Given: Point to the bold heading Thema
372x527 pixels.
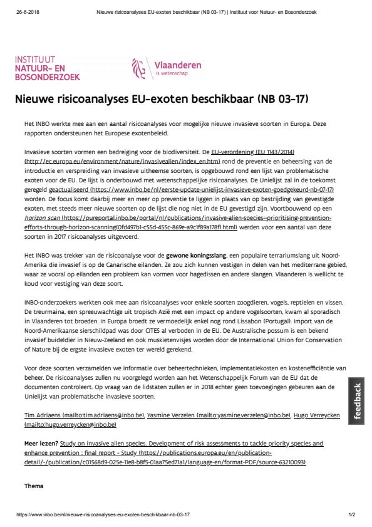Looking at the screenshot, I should [x=33, y=486].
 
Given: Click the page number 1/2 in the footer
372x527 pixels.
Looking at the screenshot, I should [x=352, y=514].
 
